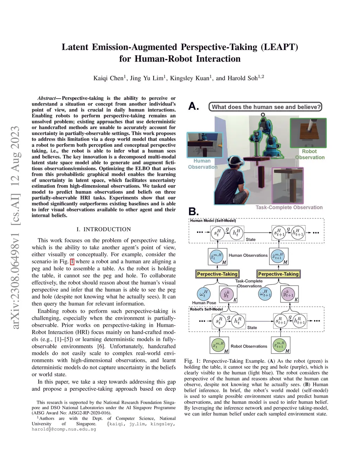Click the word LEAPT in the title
pyautogui.click(x=279, y=47)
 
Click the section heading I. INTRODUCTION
pyautogui.click(x=104, y=229)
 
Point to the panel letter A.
pyautogui.click(x=193, y=106)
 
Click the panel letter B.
pyautogui.click(x=193, y=211)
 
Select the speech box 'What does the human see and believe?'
pyautogui.click(x=266, y=107)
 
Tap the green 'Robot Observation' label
pyautogui.click(x=309, y=154)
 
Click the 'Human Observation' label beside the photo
pyautogui.click(x=202, y=164)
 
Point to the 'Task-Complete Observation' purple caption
pyautogui.click(x=289, y=208)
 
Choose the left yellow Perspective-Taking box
pyautogui.click(x=217, y=274)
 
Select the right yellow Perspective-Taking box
pyautogui.click(x=278, y=274)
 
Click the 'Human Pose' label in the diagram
pyautogui.click(x=204, y=303)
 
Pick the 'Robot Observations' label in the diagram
pyautogui.click(x=249, y=346)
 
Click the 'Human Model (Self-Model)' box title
pyautogui.click(x=213, y=221)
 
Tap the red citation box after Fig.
pyautogui.click(x=72, y=262)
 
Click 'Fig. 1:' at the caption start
pyautogui.click(x=192, y=361)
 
